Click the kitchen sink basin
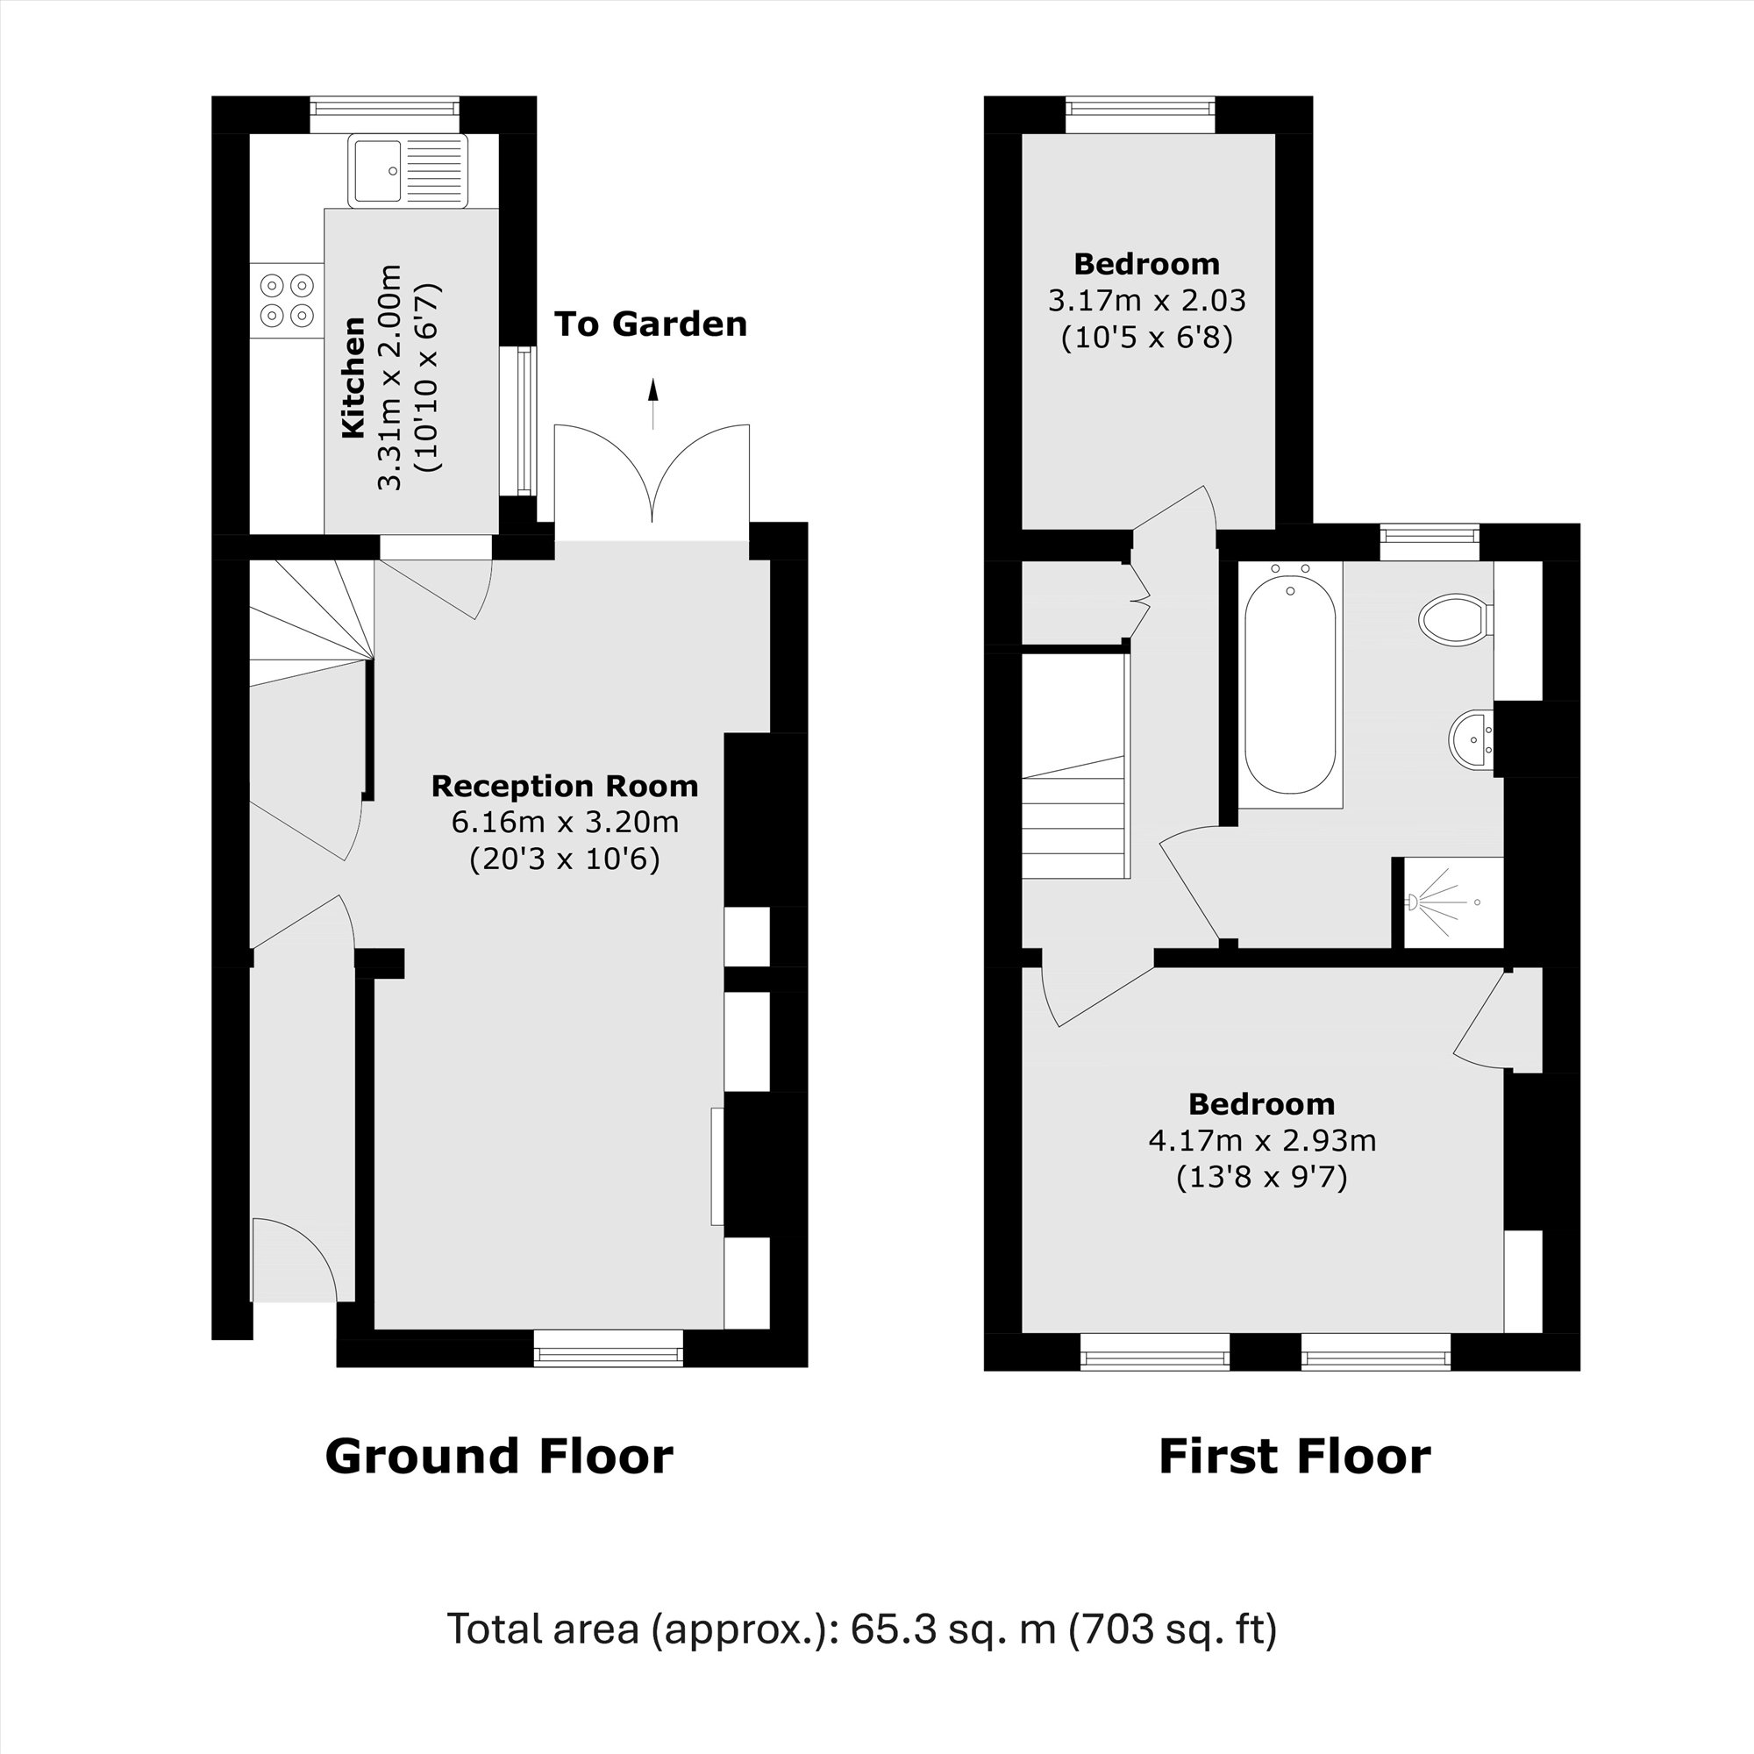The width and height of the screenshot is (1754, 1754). [378, 170]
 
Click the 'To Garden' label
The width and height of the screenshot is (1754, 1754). [650, 324]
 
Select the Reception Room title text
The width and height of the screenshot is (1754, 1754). [564, 786]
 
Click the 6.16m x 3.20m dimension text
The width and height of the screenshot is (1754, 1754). [564, 823]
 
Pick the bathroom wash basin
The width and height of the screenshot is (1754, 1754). [1472, 738]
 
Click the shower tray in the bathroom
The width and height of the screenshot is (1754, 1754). [1452, 902]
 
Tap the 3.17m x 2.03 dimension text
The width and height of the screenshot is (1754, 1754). [1146, 301]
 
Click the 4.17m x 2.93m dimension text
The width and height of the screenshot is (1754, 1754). [1262, 1140]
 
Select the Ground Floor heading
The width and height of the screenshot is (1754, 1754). [498, 1456]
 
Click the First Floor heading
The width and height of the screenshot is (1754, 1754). [1294, 1456]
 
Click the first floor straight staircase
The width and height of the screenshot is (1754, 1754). [1076, 817]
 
